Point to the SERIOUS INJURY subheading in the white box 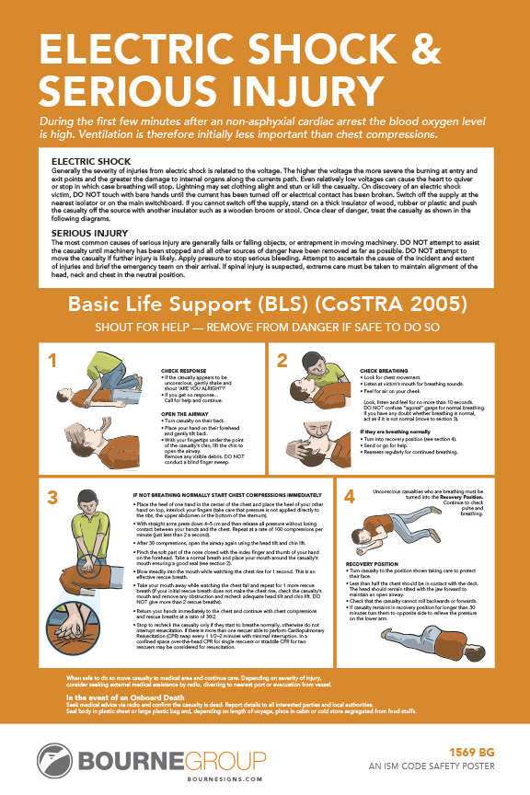click(89, 233)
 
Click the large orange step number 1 click(53, 360)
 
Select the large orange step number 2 click(282, 360)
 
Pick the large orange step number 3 click(53, 498)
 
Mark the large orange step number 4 click(350, 498)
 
